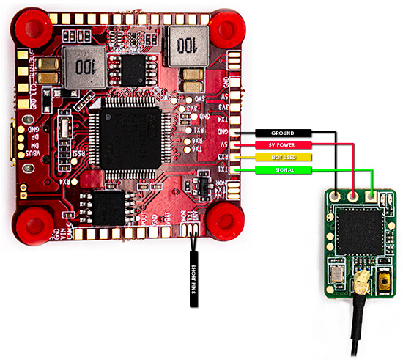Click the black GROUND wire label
pyautogui.click(x=282, y=133)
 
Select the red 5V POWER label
pyautogui.click(x=282, y=145)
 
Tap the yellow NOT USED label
pyautogui.click(x=282, y=157)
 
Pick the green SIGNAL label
pyautogui.click(x=282, y=169)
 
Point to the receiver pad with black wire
pyautogui.click(x=336, y=196)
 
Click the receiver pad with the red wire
pyautogui.click(x=355, y=196)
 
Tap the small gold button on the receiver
pyautogui.click(x=382, y=282)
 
